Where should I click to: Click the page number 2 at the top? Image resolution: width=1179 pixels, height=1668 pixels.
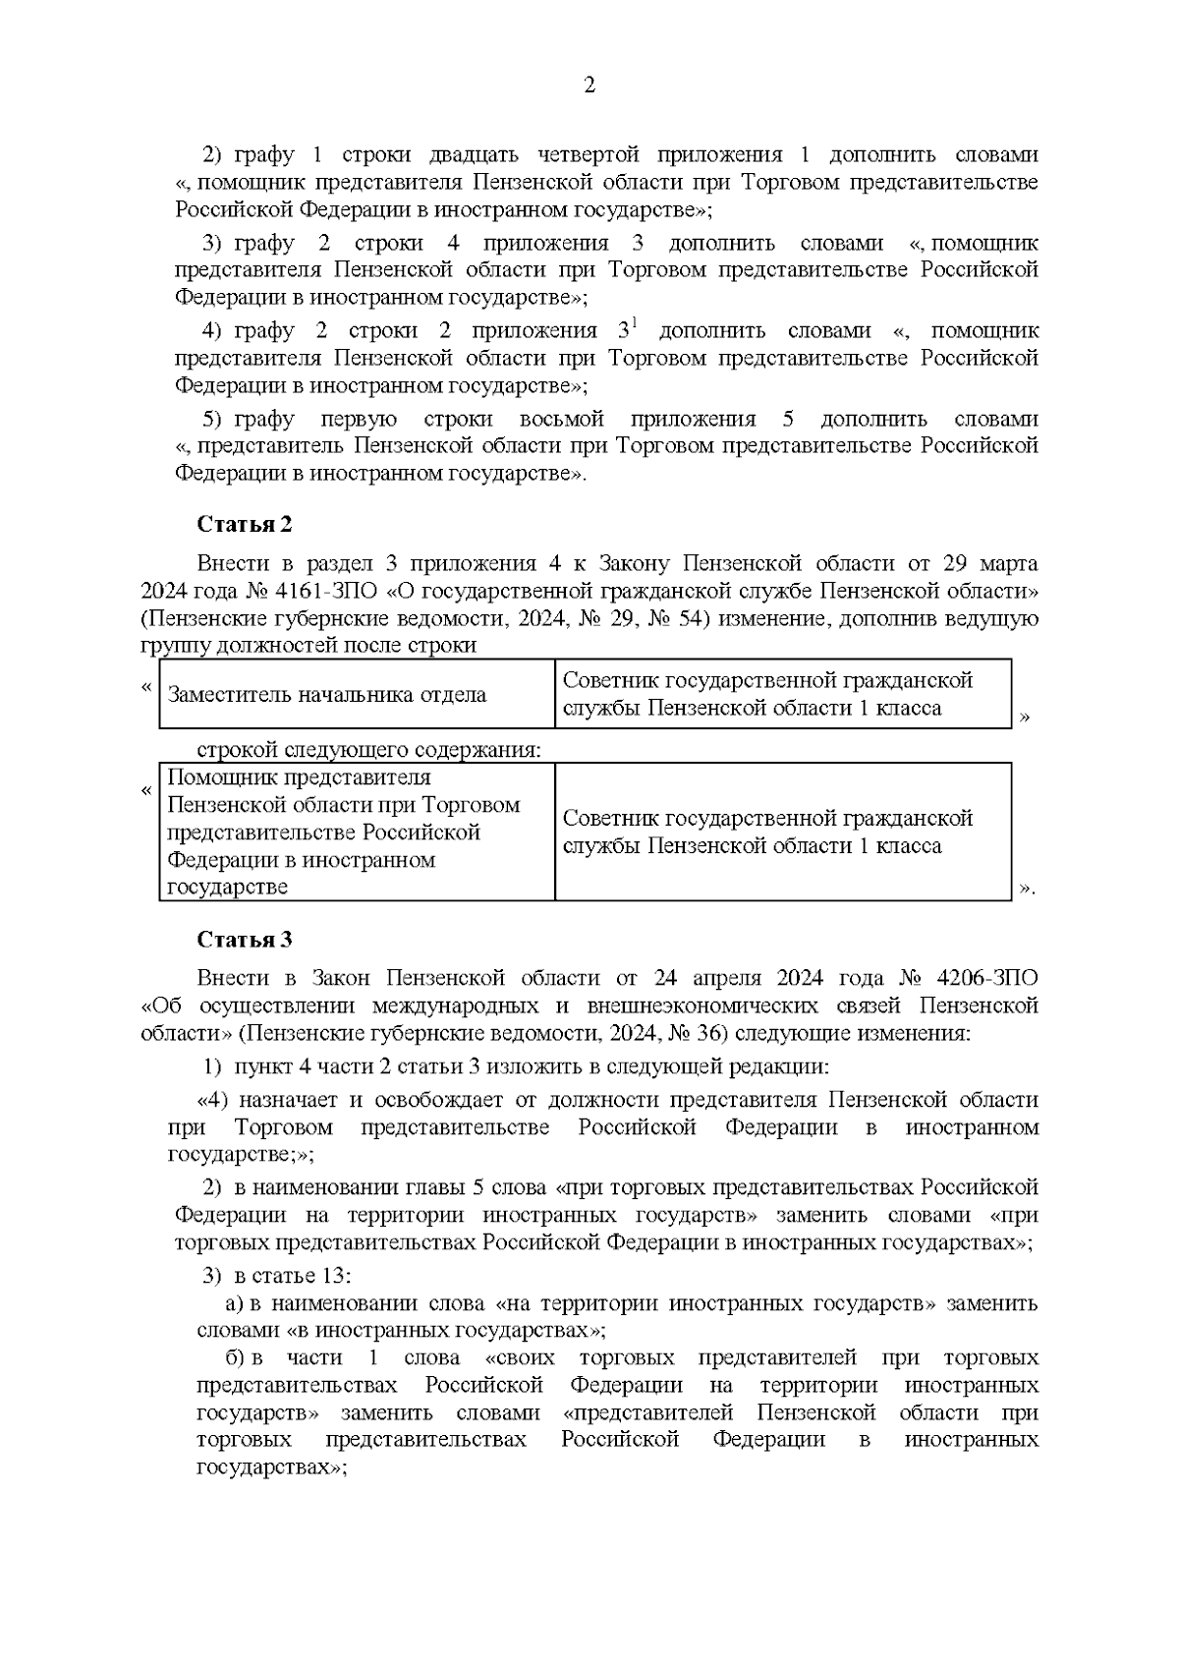(589, 86)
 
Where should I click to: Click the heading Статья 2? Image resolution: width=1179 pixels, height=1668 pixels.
(245, 524)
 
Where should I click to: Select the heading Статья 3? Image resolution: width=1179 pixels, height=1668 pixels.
(245, 939)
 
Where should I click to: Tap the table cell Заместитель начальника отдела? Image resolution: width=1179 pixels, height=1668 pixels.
(327, 695)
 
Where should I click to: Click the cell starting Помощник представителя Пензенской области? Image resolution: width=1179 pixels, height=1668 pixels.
(344, 832)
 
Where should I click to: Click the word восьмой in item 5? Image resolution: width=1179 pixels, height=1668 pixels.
(561, 420)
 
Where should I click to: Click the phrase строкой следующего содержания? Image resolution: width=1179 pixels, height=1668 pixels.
(368, 750)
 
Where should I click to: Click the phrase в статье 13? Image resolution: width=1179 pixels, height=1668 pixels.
(293, 1276)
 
